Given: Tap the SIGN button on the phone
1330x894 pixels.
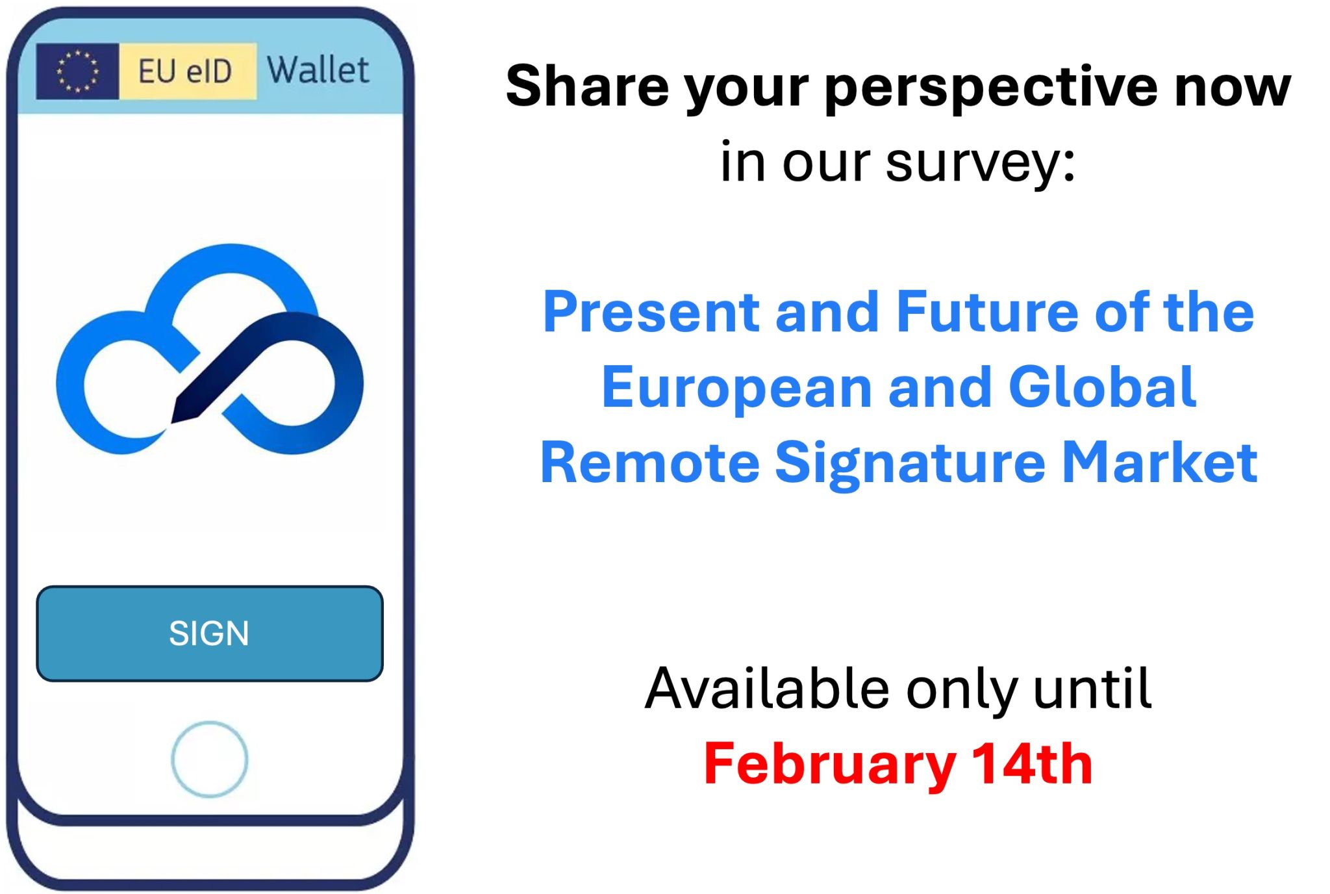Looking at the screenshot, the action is click(209, 633).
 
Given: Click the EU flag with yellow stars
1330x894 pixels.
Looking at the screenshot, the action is click(77, 71).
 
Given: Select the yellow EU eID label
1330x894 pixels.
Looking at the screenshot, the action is click(188, 71).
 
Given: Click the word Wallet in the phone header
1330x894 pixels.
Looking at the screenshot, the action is click(318, 70).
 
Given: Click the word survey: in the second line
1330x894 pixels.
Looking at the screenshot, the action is click(981, 162).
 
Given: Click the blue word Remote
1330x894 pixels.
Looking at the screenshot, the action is click(650, 463).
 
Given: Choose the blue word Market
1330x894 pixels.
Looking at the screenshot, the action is click(1160, 463).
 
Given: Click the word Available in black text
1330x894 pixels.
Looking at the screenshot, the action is click(767, 689).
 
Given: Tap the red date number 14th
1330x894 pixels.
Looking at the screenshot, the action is click(1033, 764).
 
